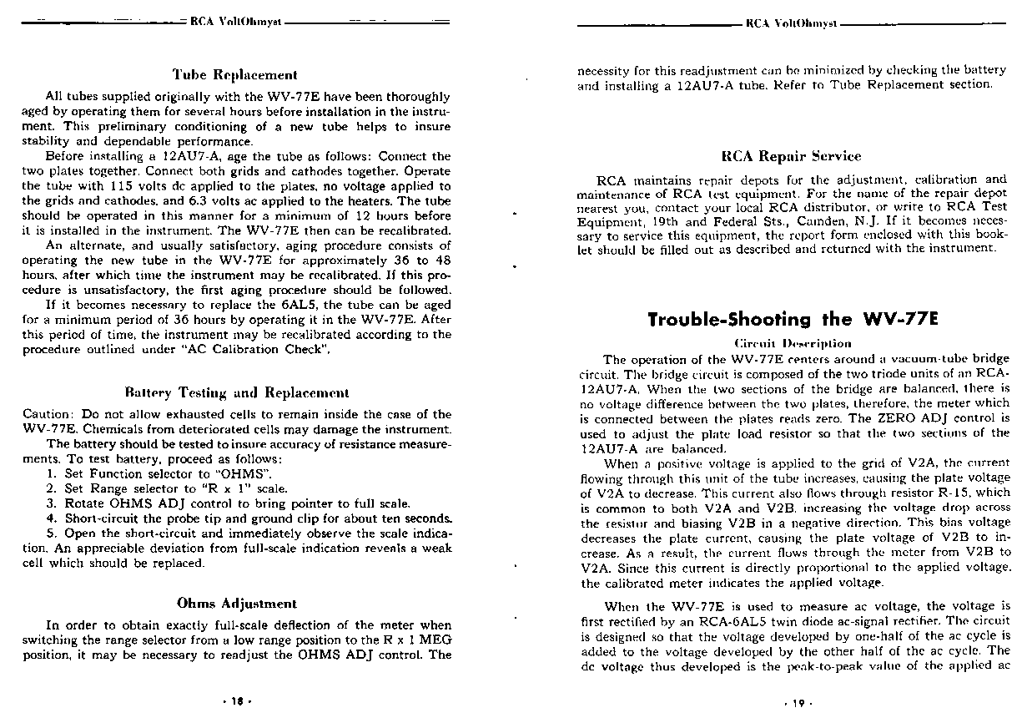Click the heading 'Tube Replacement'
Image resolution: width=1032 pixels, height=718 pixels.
pos(234,75)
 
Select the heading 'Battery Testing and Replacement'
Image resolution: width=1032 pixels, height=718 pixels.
pos(236,392)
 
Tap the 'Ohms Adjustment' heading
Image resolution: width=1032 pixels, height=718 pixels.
pos(236,603)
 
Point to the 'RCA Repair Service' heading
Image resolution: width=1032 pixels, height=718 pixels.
pos(791,156)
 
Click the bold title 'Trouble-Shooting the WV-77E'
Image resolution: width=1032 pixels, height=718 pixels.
pos(793,319)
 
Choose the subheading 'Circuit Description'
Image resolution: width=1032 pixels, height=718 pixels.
pos(793,343)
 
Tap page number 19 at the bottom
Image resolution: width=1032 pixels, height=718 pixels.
pos(796,703)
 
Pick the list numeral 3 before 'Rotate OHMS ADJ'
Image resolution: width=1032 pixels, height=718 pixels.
pos(51,503)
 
